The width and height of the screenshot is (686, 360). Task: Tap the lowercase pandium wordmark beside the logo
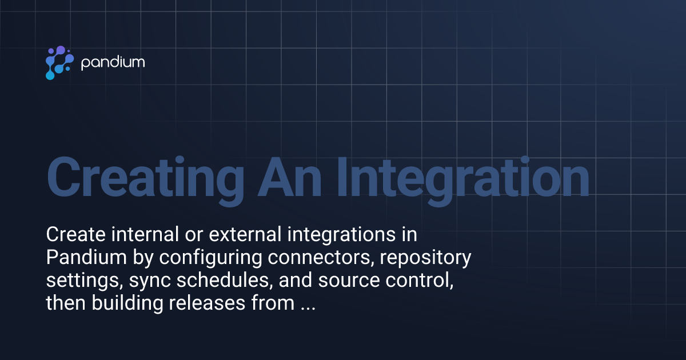tap(113, 62)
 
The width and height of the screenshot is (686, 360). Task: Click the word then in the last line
tap(63, 303)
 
